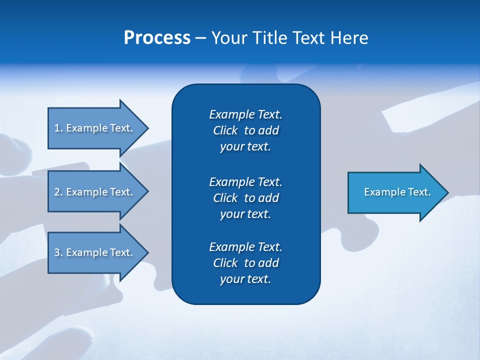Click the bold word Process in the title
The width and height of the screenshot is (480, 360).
(157, 37)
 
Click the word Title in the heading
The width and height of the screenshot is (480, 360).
(270, 37)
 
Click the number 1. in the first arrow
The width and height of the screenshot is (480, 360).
(58, 128)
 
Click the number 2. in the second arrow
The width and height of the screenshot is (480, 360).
(58, 192)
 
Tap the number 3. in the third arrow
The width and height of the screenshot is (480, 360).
(58, 252)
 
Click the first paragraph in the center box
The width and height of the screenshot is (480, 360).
(246, 130)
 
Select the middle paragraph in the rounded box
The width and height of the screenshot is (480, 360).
(246, 197)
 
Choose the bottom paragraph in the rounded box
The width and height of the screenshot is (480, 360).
(246, 263)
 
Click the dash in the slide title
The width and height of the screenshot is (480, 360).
(200, 37)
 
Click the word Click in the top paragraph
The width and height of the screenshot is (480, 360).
(225, 130)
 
